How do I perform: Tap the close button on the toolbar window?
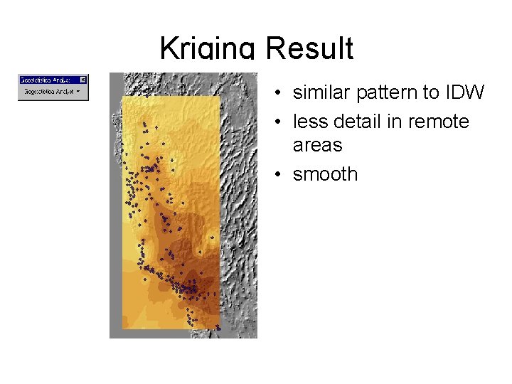83,80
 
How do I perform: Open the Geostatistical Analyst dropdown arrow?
78,92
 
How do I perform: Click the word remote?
438,122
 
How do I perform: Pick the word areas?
317,145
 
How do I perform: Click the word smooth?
325,174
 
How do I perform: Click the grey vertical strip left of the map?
115,213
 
